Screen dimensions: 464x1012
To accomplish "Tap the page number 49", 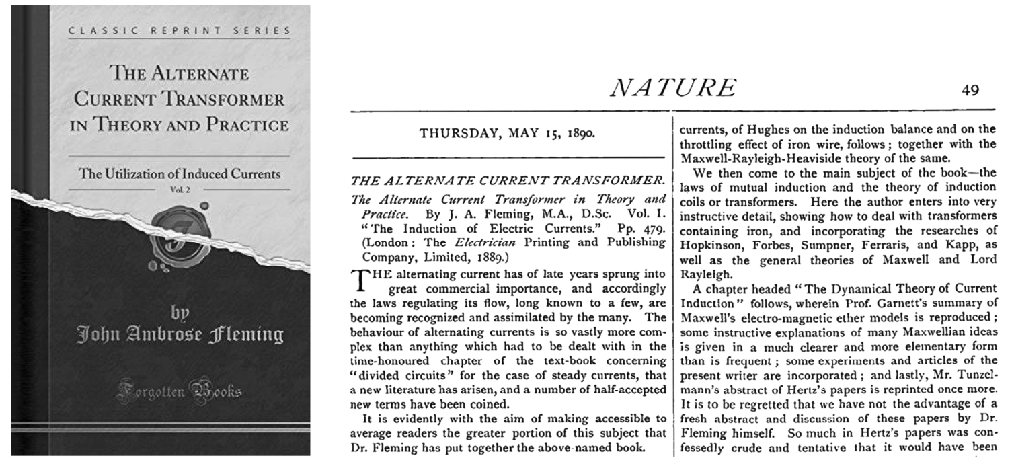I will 970,90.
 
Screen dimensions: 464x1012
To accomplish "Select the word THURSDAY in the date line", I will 457,133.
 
